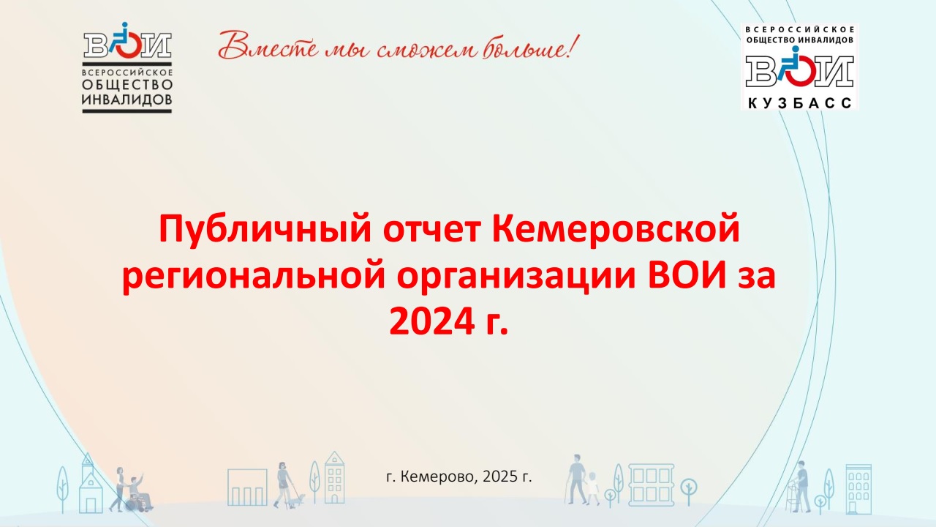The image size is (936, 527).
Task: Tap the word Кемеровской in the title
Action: (616, 228)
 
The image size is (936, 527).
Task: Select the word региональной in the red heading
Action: (254, 277)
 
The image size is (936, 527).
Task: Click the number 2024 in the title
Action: (432, 321)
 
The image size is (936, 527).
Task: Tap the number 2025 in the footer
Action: (500, 476)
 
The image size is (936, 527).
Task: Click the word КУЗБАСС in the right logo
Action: (800, 103)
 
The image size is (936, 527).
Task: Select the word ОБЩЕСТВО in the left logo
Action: (127, 85)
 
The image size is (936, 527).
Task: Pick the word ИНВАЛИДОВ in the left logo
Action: (127, 100)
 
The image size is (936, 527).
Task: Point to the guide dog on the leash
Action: (298, 500)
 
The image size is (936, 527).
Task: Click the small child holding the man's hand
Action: (592, 487)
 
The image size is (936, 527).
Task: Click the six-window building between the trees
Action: (652, 485)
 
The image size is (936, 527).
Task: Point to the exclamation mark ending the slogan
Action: (574, 46)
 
